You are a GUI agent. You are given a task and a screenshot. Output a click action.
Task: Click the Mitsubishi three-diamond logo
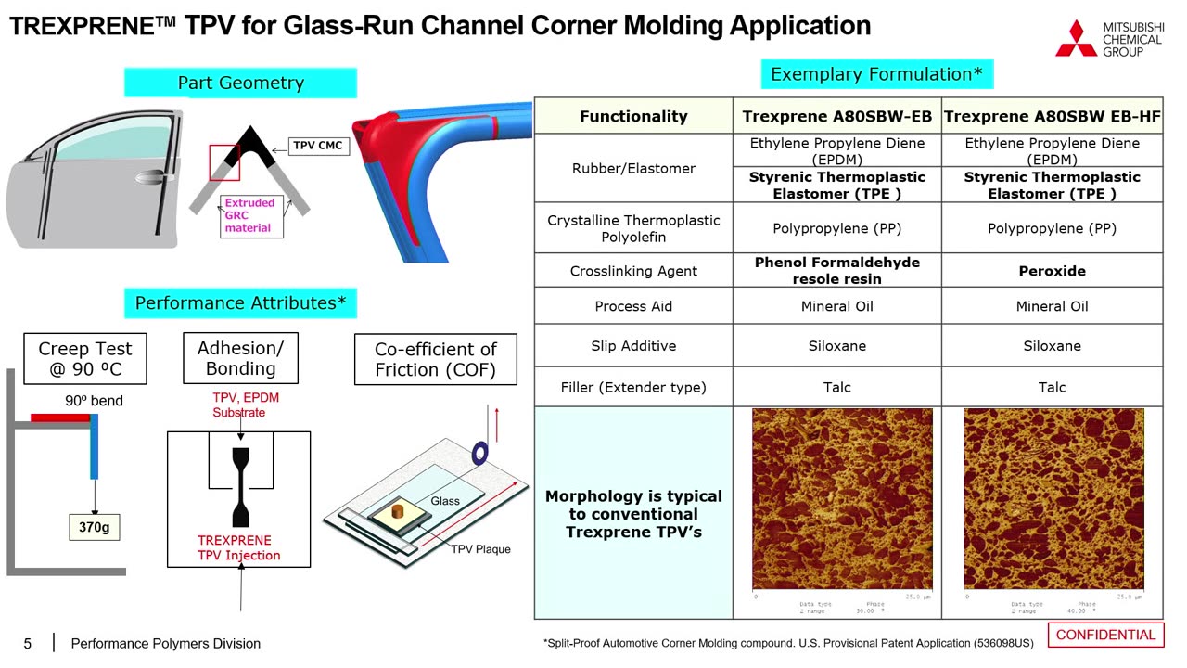(1076, 39)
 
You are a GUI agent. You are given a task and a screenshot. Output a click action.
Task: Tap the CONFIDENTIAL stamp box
(1105, 636)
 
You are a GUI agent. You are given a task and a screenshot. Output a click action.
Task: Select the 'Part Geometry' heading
(240, 83)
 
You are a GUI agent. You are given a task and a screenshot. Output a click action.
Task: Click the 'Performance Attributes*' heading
(240, 303)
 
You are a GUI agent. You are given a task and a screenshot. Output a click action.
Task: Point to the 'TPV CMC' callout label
(317, 146)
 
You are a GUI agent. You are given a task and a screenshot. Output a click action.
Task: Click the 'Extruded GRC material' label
(249, 215)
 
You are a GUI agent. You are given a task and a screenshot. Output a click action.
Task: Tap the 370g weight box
(94, 527)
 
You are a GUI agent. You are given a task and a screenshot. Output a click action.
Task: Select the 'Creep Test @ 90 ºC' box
(84, 359)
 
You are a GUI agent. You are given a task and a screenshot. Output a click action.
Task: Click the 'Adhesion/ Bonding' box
(240, 359)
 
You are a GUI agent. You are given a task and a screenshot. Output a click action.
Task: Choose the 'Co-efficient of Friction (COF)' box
(435, 360)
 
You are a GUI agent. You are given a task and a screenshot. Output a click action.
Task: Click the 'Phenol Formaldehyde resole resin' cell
(836, 271)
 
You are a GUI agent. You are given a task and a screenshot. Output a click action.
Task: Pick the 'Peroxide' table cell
(1052, 271)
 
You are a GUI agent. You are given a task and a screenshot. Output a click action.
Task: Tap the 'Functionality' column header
(633, 116)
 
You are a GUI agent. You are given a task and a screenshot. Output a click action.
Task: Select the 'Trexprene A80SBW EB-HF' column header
(1052, 116)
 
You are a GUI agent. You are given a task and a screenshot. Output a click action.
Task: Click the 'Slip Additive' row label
(633, 346)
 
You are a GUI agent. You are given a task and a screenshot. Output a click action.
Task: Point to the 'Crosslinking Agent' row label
(633, 271)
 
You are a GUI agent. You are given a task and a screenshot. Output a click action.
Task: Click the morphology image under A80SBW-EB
(842, 499)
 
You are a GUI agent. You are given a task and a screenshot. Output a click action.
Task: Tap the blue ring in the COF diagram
(480, 453)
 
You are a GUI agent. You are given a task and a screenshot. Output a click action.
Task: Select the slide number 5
(28, 644)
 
